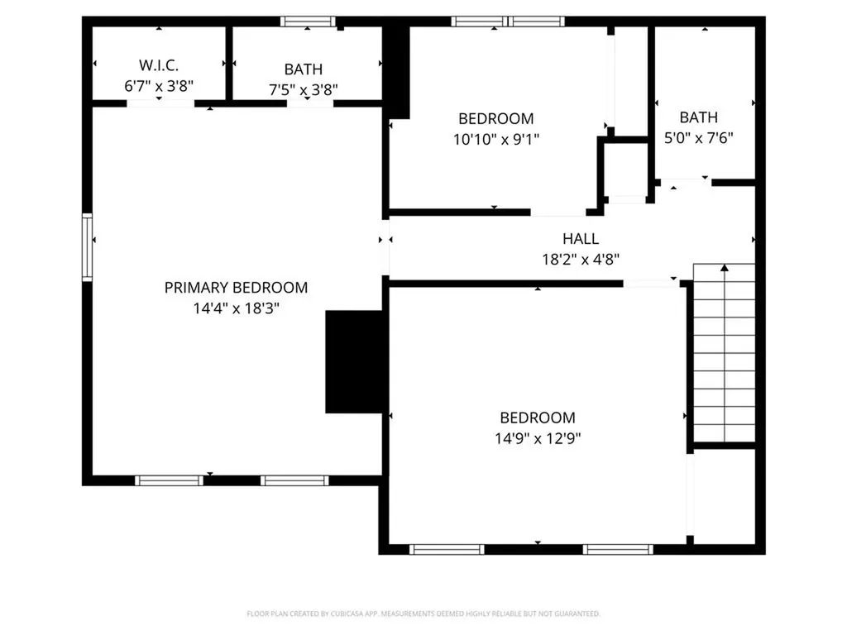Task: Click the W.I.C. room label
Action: (158, 64)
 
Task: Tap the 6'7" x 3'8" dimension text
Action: (158, 85)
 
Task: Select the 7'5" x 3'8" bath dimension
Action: (304, 90)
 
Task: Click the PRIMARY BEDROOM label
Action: (236, 288)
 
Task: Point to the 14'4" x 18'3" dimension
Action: (236, 308)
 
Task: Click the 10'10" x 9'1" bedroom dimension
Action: (495, 140)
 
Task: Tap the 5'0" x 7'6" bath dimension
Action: (699, 138)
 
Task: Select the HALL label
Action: (581, 239)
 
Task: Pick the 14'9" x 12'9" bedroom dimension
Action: (537, 438)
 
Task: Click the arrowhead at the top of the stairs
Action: (725, 268)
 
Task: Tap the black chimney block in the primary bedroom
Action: (356, 361)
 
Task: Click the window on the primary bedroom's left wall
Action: (87, 246)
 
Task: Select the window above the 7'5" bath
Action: (308, 21)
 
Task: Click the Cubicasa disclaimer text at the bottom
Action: (423, 614)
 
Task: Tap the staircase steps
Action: (724, 356)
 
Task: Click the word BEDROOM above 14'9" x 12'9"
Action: (537, 418)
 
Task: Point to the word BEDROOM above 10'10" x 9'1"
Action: (495, 119)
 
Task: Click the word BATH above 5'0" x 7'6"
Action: (699, 117)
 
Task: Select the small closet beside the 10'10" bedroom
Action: (625, 169)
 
